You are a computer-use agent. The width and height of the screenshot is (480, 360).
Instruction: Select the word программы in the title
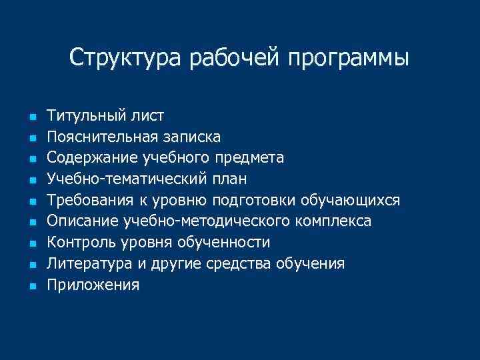[x=349, y=59]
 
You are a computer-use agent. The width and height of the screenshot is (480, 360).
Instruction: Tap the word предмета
[x=251, y=159]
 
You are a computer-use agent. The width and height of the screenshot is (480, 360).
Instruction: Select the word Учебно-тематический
[x=127, y=179]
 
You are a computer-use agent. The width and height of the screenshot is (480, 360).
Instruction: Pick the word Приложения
[x=93, y=286]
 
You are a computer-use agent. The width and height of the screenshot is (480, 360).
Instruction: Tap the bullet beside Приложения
[x=31, y=287]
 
